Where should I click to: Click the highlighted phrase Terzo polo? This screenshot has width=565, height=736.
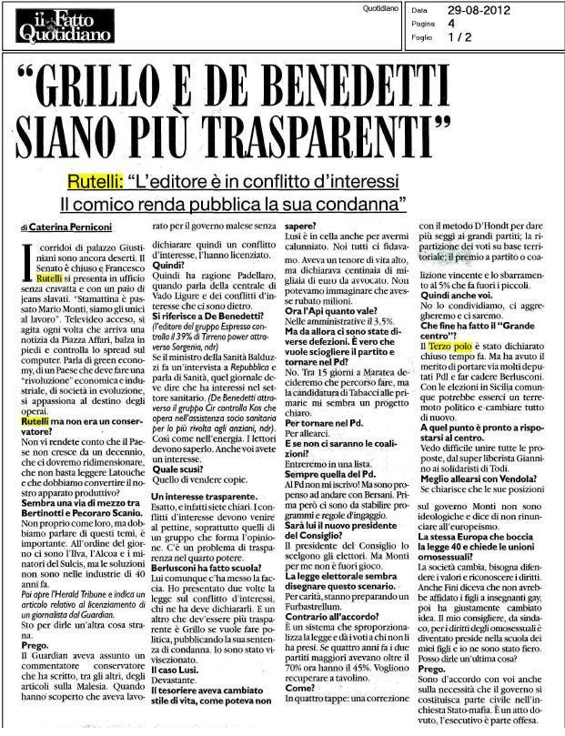449,373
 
